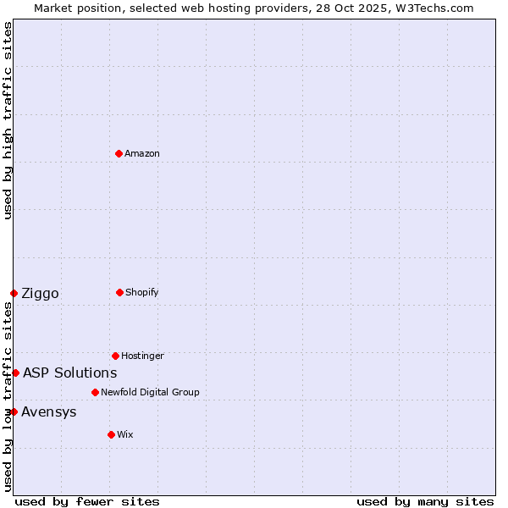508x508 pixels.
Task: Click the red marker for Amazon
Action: (x=119, y=153)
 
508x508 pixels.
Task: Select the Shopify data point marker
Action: (x=119, y=292)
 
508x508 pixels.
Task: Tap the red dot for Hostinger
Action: (x=115, y=356)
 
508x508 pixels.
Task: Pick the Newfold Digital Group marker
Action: (x=95, y=392)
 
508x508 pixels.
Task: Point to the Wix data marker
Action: (x=111, y=434)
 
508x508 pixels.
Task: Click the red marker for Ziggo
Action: (x=14, y=293)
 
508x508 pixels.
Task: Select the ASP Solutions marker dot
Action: (x=15, y=373)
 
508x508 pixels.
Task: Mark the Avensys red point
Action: (x=14, y=411)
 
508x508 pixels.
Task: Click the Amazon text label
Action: (x=142, y=153)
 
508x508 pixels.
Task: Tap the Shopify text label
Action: (x=142, y=292)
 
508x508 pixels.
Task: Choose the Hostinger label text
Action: (x=142, y=356)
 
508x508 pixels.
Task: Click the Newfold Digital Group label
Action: (x=150, y=392)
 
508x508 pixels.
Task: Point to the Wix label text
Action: (x=125, y=434)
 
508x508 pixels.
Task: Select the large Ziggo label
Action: (x=40, y=294)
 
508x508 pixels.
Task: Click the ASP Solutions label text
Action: (x=69, y=373)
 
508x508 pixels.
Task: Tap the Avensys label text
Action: (x=49, y=412)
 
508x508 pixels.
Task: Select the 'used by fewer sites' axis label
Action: (x=87, y=501)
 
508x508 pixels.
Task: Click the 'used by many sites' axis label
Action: (x=425, y=501)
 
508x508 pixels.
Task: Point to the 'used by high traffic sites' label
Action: (x=8, y=120)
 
